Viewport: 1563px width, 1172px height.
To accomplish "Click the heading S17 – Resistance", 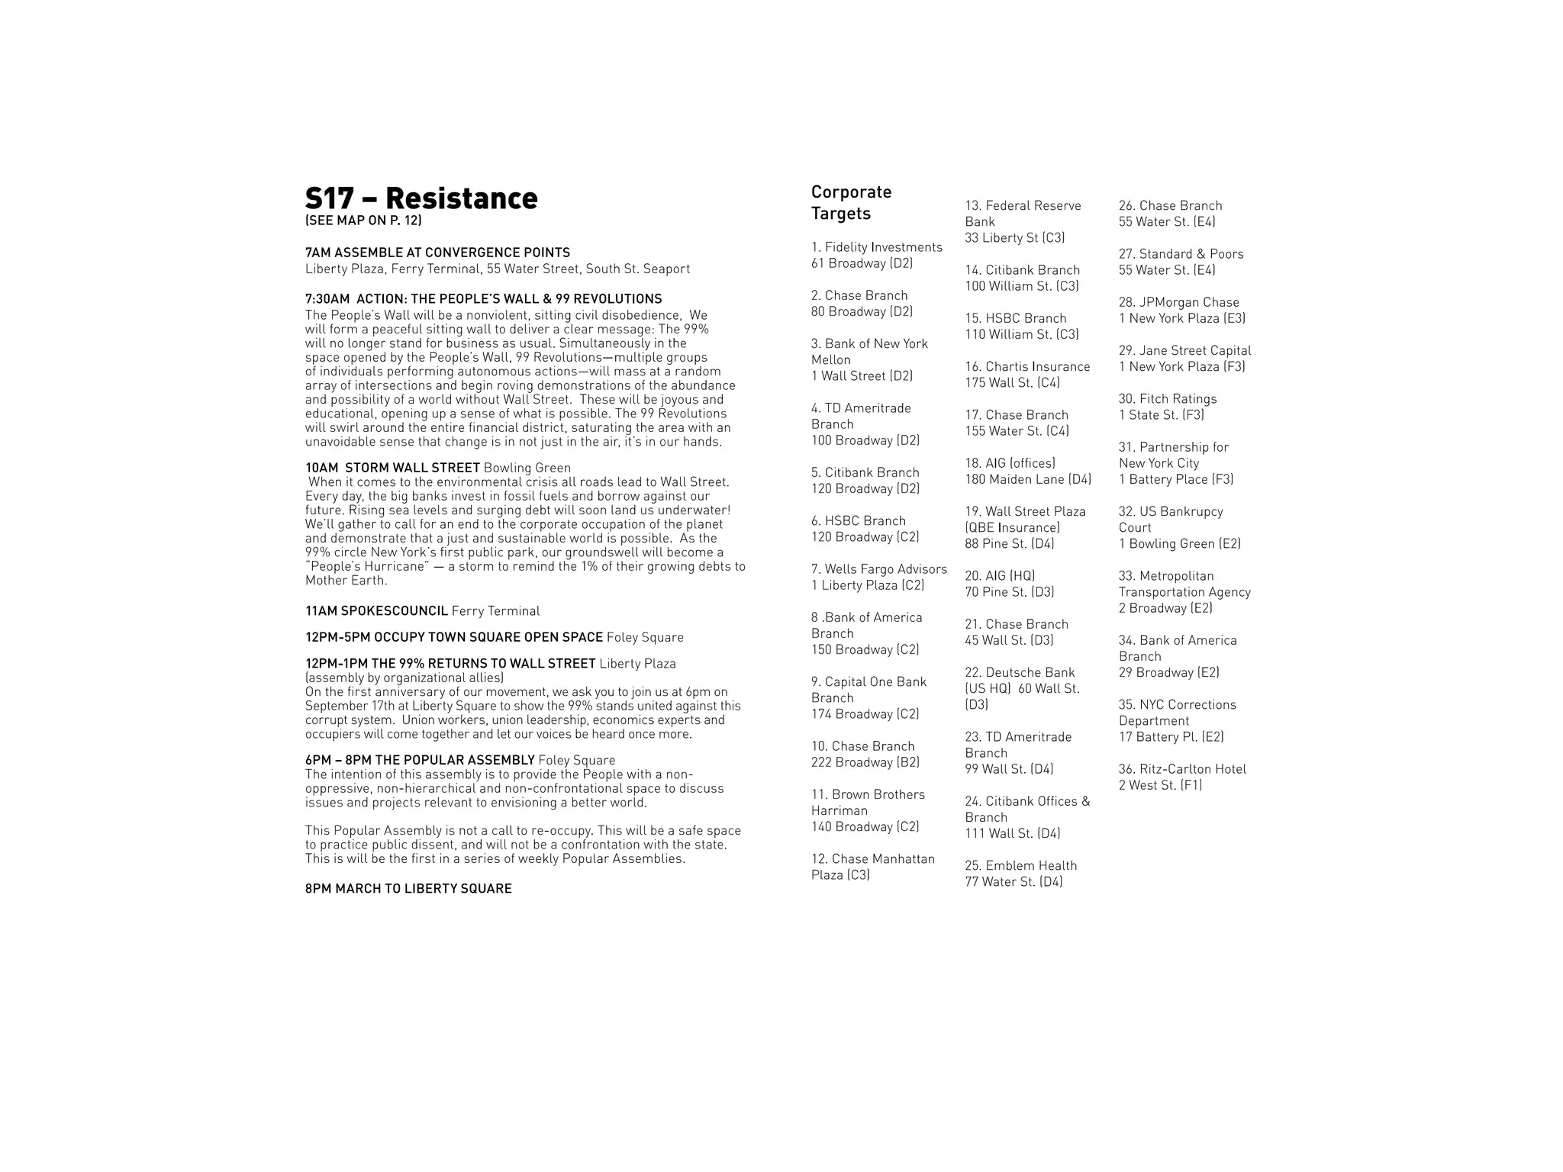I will (421, 198).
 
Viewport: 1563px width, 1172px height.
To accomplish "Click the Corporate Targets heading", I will (851, 203).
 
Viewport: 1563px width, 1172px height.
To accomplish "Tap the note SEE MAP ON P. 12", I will (363, 221).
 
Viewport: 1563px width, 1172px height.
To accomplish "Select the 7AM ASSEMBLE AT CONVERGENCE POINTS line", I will (437, 253).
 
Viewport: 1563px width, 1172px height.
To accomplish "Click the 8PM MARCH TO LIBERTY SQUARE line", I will (408, 889).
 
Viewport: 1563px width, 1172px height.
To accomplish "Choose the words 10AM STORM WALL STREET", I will (392, 468).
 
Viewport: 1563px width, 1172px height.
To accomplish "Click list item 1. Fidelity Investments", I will (876, 247).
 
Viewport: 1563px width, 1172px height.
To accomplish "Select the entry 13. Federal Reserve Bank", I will (1023, 214).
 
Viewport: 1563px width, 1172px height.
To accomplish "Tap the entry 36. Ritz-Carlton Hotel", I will (1182, 769).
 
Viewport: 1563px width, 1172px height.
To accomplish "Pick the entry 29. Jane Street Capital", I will (1184, 350).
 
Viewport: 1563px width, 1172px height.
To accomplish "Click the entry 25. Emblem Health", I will (1020, 866).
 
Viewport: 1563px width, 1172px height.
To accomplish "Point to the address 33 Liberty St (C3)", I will (1014, 238).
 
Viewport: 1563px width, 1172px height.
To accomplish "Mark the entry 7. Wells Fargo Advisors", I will (878, 569).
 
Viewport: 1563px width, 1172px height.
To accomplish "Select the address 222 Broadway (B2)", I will (865, 762).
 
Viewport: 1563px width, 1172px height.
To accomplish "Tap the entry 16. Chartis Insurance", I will (1027, 367).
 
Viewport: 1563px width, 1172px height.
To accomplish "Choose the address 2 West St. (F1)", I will (1160, 785).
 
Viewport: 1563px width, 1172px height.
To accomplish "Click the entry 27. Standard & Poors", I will (1181, 254).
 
